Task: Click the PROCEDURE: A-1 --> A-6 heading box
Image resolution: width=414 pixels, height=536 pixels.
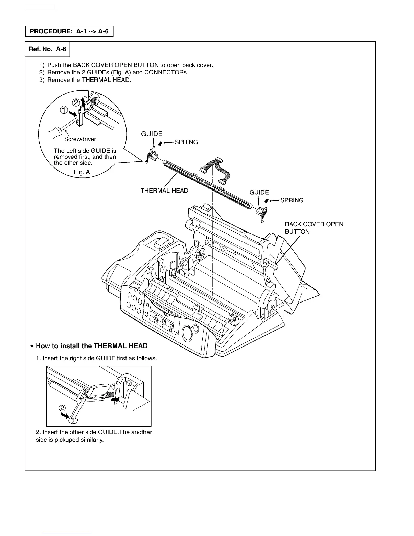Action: pyautogui.click(x=69, y=31)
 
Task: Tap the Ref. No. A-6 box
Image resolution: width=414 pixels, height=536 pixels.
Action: pyautogui.click(x=47, y=49)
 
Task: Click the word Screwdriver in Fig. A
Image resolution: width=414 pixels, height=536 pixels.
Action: pyautogui.click(x=80, y=139)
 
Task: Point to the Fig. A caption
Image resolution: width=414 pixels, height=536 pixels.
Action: pyautogui.click(x=82, y=172)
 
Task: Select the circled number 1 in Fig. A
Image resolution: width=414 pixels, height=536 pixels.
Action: pyautogui.click(x=64, y=110)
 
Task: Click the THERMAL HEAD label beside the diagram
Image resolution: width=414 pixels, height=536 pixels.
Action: pyautogui.click(x=164, y=191)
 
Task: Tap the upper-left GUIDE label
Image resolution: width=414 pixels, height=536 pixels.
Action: pyautogui.click(x=152, y=134)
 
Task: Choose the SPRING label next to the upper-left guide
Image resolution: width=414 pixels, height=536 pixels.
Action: pyautogui.click(x=186, y=142)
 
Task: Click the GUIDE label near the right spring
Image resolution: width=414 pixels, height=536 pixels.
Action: pyautogui.click(x=259, y=192)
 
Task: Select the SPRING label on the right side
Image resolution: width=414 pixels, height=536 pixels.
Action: pyautogui.click(x=292, y=200)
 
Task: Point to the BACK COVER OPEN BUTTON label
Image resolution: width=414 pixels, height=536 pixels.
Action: pyautogui.click(x=314, y=228)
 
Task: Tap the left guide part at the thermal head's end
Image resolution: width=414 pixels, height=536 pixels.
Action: pyautogui.click(x=151, y=156)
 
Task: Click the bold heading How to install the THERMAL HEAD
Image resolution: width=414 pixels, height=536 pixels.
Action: pyautogui.click(x=92, y=346)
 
